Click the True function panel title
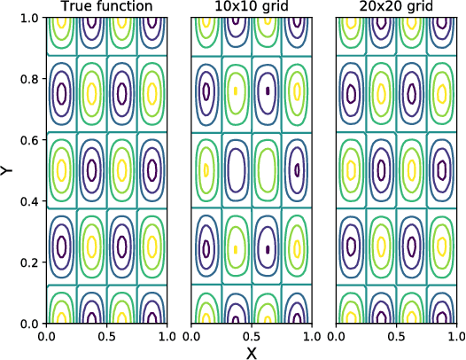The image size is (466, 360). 106,8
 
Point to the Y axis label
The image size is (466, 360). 8,170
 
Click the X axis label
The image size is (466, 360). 252,352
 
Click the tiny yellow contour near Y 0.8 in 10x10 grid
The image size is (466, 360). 236,90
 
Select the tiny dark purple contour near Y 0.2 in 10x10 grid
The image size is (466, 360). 268,249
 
